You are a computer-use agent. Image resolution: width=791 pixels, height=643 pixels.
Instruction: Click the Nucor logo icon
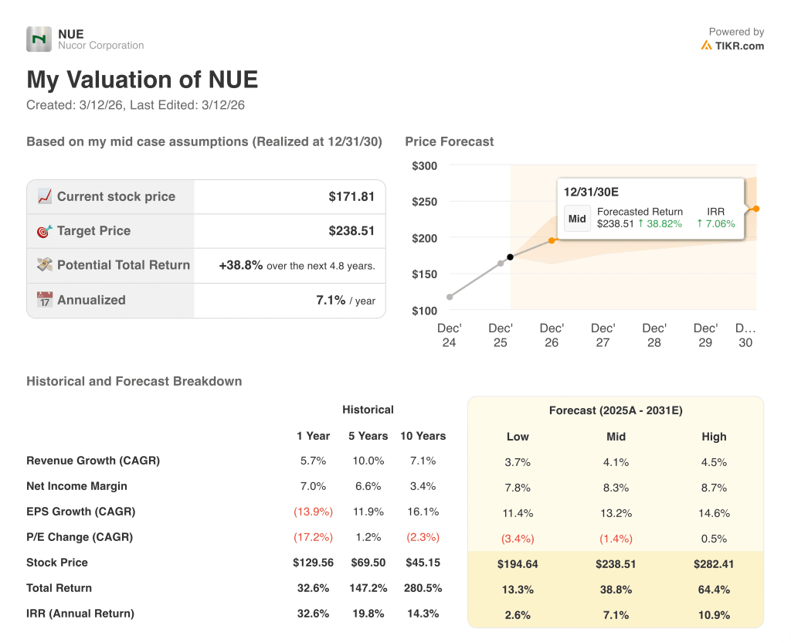point(39,39)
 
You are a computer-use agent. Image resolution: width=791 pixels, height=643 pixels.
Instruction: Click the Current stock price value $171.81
point(351,196)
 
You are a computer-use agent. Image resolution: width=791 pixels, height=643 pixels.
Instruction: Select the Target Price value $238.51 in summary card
point(351,230)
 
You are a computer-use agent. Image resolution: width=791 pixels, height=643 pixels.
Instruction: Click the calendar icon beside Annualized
point(45,300)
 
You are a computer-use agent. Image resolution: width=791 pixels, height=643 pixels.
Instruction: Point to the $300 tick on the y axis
point(424,165)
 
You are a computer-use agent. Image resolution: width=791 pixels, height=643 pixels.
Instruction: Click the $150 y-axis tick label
point(424,274)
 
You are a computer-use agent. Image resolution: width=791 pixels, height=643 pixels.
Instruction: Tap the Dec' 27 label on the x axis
point(603,335)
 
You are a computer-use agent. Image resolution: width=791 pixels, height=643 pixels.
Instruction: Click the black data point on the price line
point(510,257)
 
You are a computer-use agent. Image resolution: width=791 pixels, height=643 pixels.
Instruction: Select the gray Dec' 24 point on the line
point(450,297)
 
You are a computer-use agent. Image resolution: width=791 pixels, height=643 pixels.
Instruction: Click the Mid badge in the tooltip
point(577,219)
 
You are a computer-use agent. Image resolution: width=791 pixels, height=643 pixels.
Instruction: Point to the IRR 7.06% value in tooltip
point(716,224)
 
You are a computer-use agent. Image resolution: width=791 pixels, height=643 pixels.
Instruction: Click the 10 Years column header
point(423,436)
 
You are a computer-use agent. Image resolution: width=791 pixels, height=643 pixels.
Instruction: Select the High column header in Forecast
point(714,437)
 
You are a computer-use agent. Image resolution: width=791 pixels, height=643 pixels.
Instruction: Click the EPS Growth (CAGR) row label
point(80,512)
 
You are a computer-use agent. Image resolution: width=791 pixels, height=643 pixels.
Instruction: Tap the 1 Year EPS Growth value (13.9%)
point(313,512)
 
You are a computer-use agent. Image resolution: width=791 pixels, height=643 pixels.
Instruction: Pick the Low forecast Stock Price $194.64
point(518,564)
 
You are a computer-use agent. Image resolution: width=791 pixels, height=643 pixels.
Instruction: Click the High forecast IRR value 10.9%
point(714,615)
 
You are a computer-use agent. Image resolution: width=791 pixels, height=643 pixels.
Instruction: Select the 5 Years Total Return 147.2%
point(368,588)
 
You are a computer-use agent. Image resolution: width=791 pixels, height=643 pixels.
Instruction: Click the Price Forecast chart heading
point(449,141)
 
